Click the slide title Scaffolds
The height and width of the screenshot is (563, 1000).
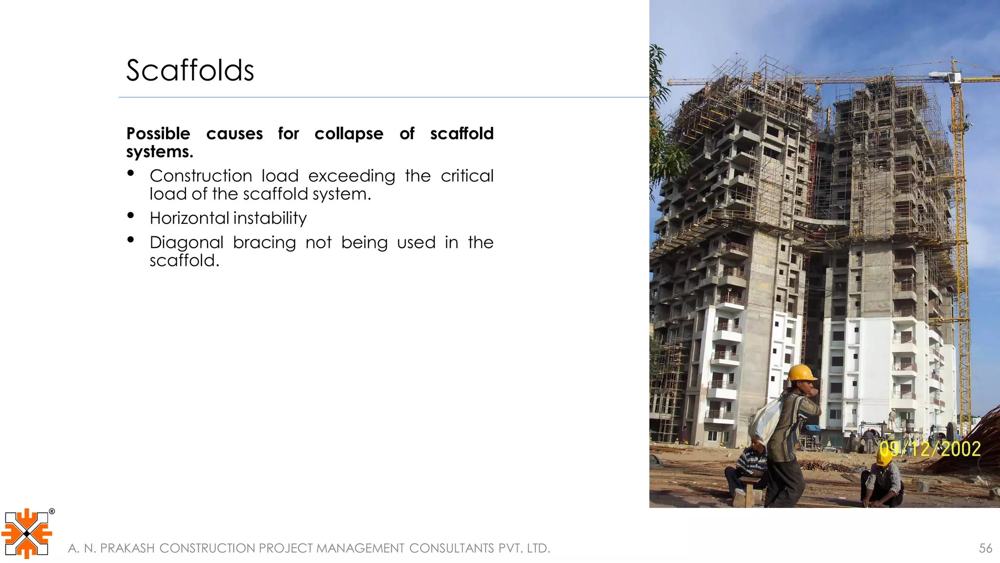(190, 70)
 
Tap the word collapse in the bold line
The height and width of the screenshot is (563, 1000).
(349, 133)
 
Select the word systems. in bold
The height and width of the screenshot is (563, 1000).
(160, 152)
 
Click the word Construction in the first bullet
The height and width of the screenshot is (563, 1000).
(200, 176)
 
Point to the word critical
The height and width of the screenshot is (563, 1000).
(467, 176)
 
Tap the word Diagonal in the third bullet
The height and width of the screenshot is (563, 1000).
(187, 242)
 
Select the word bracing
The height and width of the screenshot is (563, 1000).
(264, 243)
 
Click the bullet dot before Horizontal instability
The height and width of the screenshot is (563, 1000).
(130, 215)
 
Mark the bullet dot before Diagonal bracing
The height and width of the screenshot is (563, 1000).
(130, 239)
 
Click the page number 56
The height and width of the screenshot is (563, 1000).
(985, 548)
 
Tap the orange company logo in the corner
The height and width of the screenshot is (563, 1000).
(26, 534)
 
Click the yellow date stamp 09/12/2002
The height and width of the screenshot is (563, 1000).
(930, 449)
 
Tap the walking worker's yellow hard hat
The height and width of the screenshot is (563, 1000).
(801, 372)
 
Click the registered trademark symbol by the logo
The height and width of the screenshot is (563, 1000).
(52, 512)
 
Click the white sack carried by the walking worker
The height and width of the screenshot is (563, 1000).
(766, 418)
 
